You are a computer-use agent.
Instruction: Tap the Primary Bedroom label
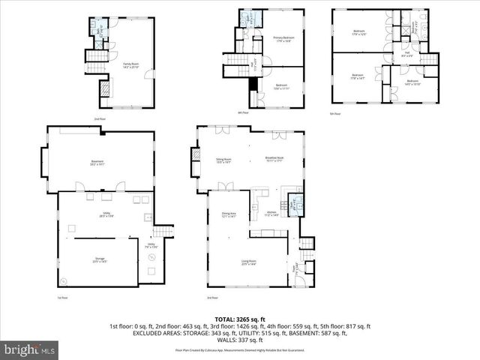click(x=283, y=39)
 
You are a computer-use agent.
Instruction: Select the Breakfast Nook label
click(x=274, y=159)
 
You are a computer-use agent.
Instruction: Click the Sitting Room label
click(x=223, y=160)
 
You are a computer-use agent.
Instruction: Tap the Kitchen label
click(x=272, y=214)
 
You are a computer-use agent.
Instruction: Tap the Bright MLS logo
click(x=30, y=349)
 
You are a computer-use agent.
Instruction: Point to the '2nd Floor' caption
click(x=99, y=119)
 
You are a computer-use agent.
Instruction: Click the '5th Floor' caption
click(x=335, y=114)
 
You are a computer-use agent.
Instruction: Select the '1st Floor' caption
click(x=64, y=298)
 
